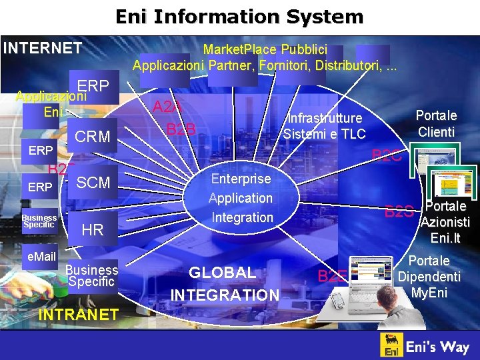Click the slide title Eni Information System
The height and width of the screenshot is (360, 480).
[x=239, y=16]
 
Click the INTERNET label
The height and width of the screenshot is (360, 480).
[x=43, y=48]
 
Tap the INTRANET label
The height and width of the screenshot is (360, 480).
[x=79, y=314]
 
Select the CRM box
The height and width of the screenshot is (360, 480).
[x=93, y=137]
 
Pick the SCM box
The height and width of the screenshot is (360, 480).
[x=93, y=183]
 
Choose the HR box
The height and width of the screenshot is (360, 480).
[x=92, y=230]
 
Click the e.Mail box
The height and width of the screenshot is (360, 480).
[x=39, y=257]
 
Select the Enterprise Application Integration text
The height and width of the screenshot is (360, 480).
[x=241, y=198]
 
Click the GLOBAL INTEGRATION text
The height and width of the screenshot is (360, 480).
[x=224, y=283]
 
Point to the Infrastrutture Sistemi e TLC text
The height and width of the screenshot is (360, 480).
[x=325, y=126]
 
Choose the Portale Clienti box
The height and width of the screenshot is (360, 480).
[x=437, y=123]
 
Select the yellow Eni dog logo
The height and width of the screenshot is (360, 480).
[x=393, y=346]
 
